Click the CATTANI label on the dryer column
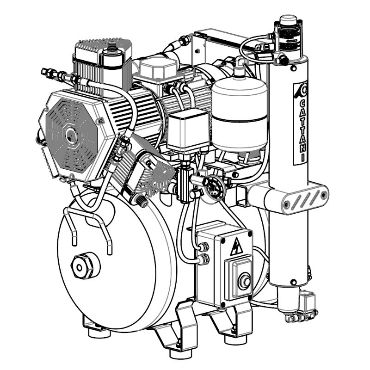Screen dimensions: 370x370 302,131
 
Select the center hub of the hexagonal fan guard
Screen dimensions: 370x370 72,135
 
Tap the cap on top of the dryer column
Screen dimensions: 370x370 288,20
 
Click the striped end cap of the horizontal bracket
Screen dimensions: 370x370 305,199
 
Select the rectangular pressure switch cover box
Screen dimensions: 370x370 188,130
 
